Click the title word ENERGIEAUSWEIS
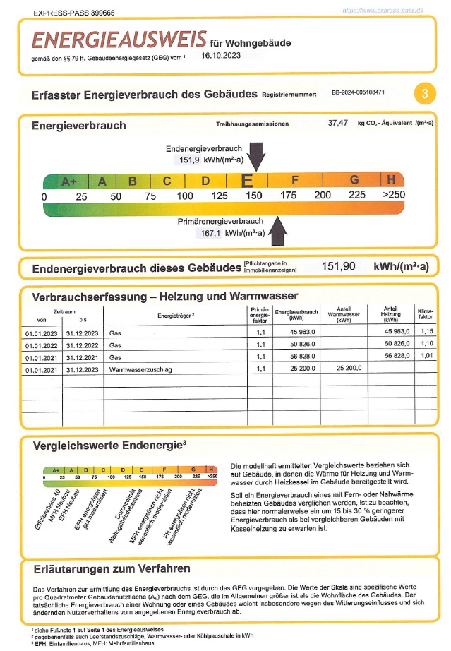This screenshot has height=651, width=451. [119, 38]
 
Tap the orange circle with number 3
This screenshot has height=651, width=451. [423, 93]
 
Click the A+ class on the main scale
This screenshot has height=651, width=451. [68, 181]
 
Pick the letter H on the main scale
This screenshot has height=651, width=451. [390, 179]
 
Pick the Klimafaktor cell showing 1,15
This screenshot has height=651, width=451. [426, 331]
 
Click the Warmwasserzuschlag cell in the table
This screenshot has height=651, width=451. [141, 369]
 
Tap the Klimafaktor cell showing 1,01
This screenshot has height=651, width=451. [426, 357]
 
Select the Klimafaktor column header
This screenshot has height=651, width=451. [426, 314]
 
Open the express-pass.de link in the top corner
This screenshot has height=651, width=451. [383, 11]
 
